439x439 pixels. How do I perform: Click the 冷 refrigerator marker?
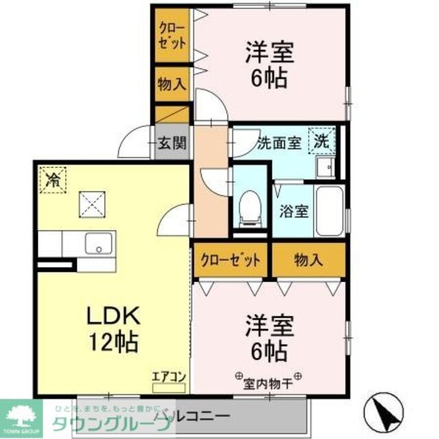click(x=52, y=180)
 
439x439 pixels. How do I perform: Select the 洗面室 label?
click(x=279, y=144)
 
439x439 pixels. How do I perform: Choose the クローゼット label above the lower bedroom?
click(x=230, y=260)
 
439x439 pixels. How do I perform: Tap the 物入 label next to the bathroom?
click(x=307, y=260)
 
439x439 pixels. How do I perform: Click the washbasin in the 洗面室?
click(x=324, y=166)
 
